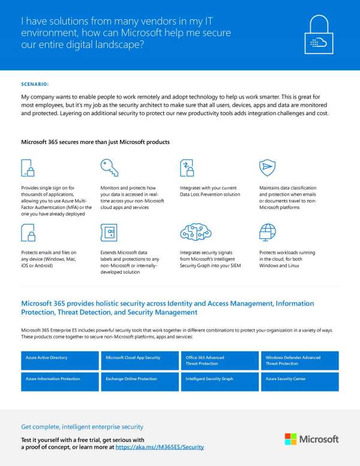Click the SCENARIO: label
tap(35, 84)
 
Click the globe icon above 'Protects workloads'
tap(267, 232)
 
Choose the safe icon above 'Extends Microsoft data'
tap(108, 232)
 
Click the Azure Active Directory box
tap(59, 360)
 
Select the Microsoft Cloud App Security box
tap(140, 360)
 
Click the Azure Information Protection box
tap(59, 382)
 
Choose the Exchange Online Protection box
tap(140, 382)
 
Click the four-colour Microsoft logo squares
tap(290, 439)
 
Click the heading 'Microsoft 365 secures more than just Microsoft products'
tap(95, 142)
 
